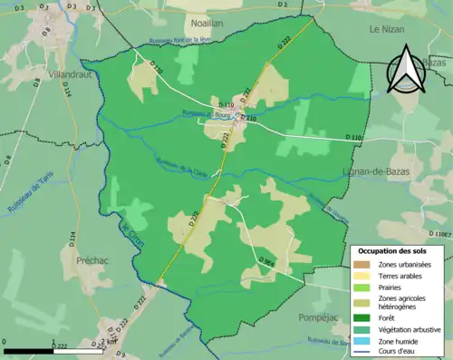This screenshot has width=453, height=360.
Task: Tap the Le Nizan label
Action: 386,29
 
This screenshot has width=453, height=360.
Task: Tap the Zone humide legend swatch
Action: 362,342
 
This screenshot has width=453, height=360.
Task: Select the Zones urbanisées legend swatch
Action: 362,264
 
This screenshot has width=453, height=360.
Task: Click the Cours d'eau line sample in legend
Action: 362,353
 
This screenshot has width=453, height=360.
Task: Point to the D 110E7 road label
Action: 439,235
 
